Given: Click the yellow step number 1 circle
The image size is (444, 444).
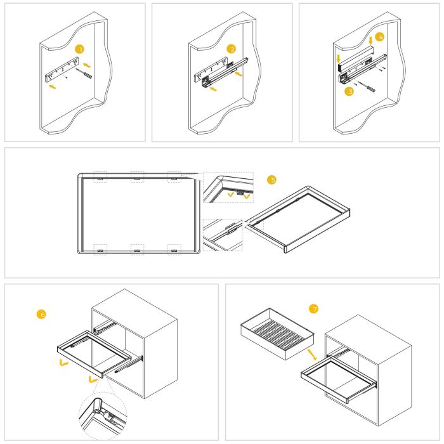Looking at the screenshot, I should click(x=79, y=49).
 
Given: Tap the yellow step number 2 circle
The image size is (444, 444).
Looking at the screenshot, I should click(x=232, y=49).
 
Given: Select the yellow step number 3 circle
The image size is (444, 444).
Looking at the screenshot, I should click(x=348, y=91).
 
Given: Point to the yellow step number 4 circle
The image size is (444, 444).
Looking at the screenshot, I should click(x=380, y=37).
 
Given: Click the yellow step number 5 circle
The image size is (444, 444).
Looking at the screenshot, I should click(x=272, y=180).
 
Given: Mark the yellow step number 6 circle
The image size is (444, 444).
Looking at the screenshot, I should click(x=42, y=313).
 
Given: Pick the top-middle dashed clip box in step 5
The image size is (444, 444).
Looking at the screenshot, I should click(x=136, y=177).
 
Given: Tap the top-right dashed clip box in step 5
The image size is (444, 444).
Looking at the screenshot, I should click(x=174, y=177).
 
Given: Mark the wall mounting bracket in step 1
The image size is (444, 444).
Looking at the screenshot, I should click(x=61, y=68).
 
